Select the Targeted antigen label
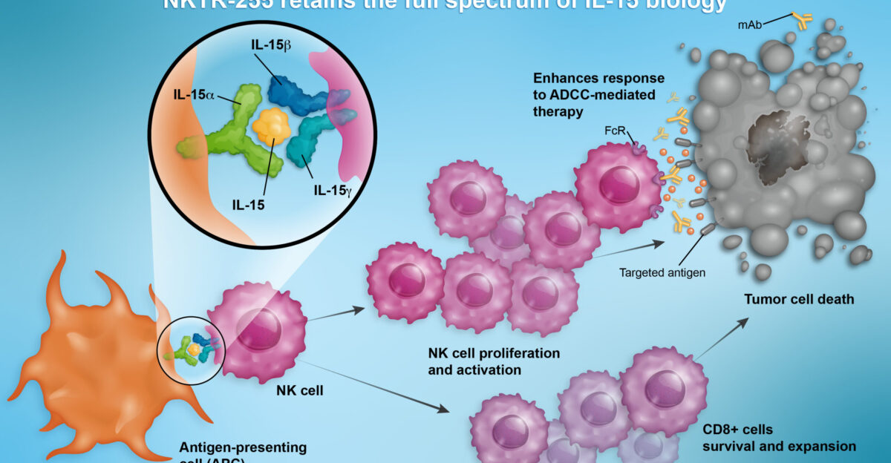coord(662,272)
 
